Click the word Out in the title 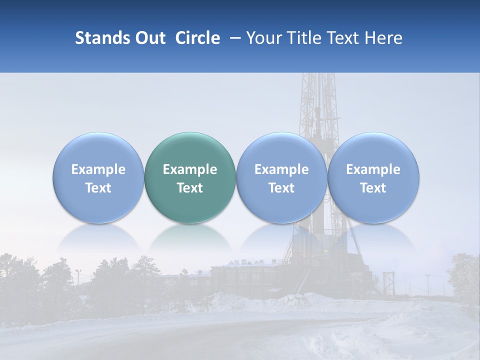point(149,38)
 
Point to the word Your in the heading point(264,38)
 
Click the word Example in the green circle point(190,169)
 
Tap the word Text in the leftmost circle point(98,188)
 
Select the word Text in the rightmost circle point(373,188)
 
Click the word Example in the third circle point(281,169)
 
